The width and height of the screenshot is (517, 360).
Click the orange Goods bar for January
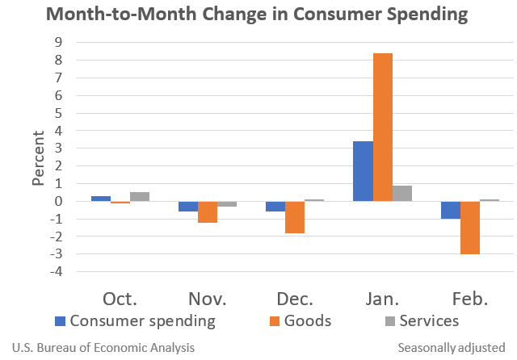pos(383,127)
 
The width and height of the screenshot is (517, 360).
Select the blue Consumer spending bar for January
pos(363,171)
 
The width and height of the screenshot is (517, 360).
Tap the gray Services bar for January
pos(402,193)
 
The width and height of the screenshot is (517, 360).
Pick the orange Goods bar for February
pos(470,228)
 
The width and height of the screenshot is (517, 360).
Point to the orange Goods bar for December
pos(295,217)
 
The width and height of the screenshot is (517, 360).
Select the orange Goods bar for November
pos(208,211)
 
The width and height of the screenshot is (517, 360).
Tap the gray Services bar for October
pos(140,196)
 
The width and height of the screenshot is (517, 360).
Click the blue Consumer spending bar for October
pos(101,199)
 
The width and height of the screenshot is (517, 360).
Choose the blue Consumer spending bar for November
pos(188,206)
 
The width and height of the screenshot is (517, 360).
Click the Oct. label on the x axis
pos(120,299)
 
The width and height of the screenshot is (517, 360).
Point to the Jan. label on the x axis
pos(382,299)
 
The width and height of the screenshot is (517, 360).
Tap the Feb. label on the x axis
pos(469,299)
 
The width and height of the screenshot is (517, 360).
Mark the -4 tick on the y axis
pos(56,271)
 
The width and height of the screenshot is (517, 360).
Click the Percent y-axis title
pos(38,156)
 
